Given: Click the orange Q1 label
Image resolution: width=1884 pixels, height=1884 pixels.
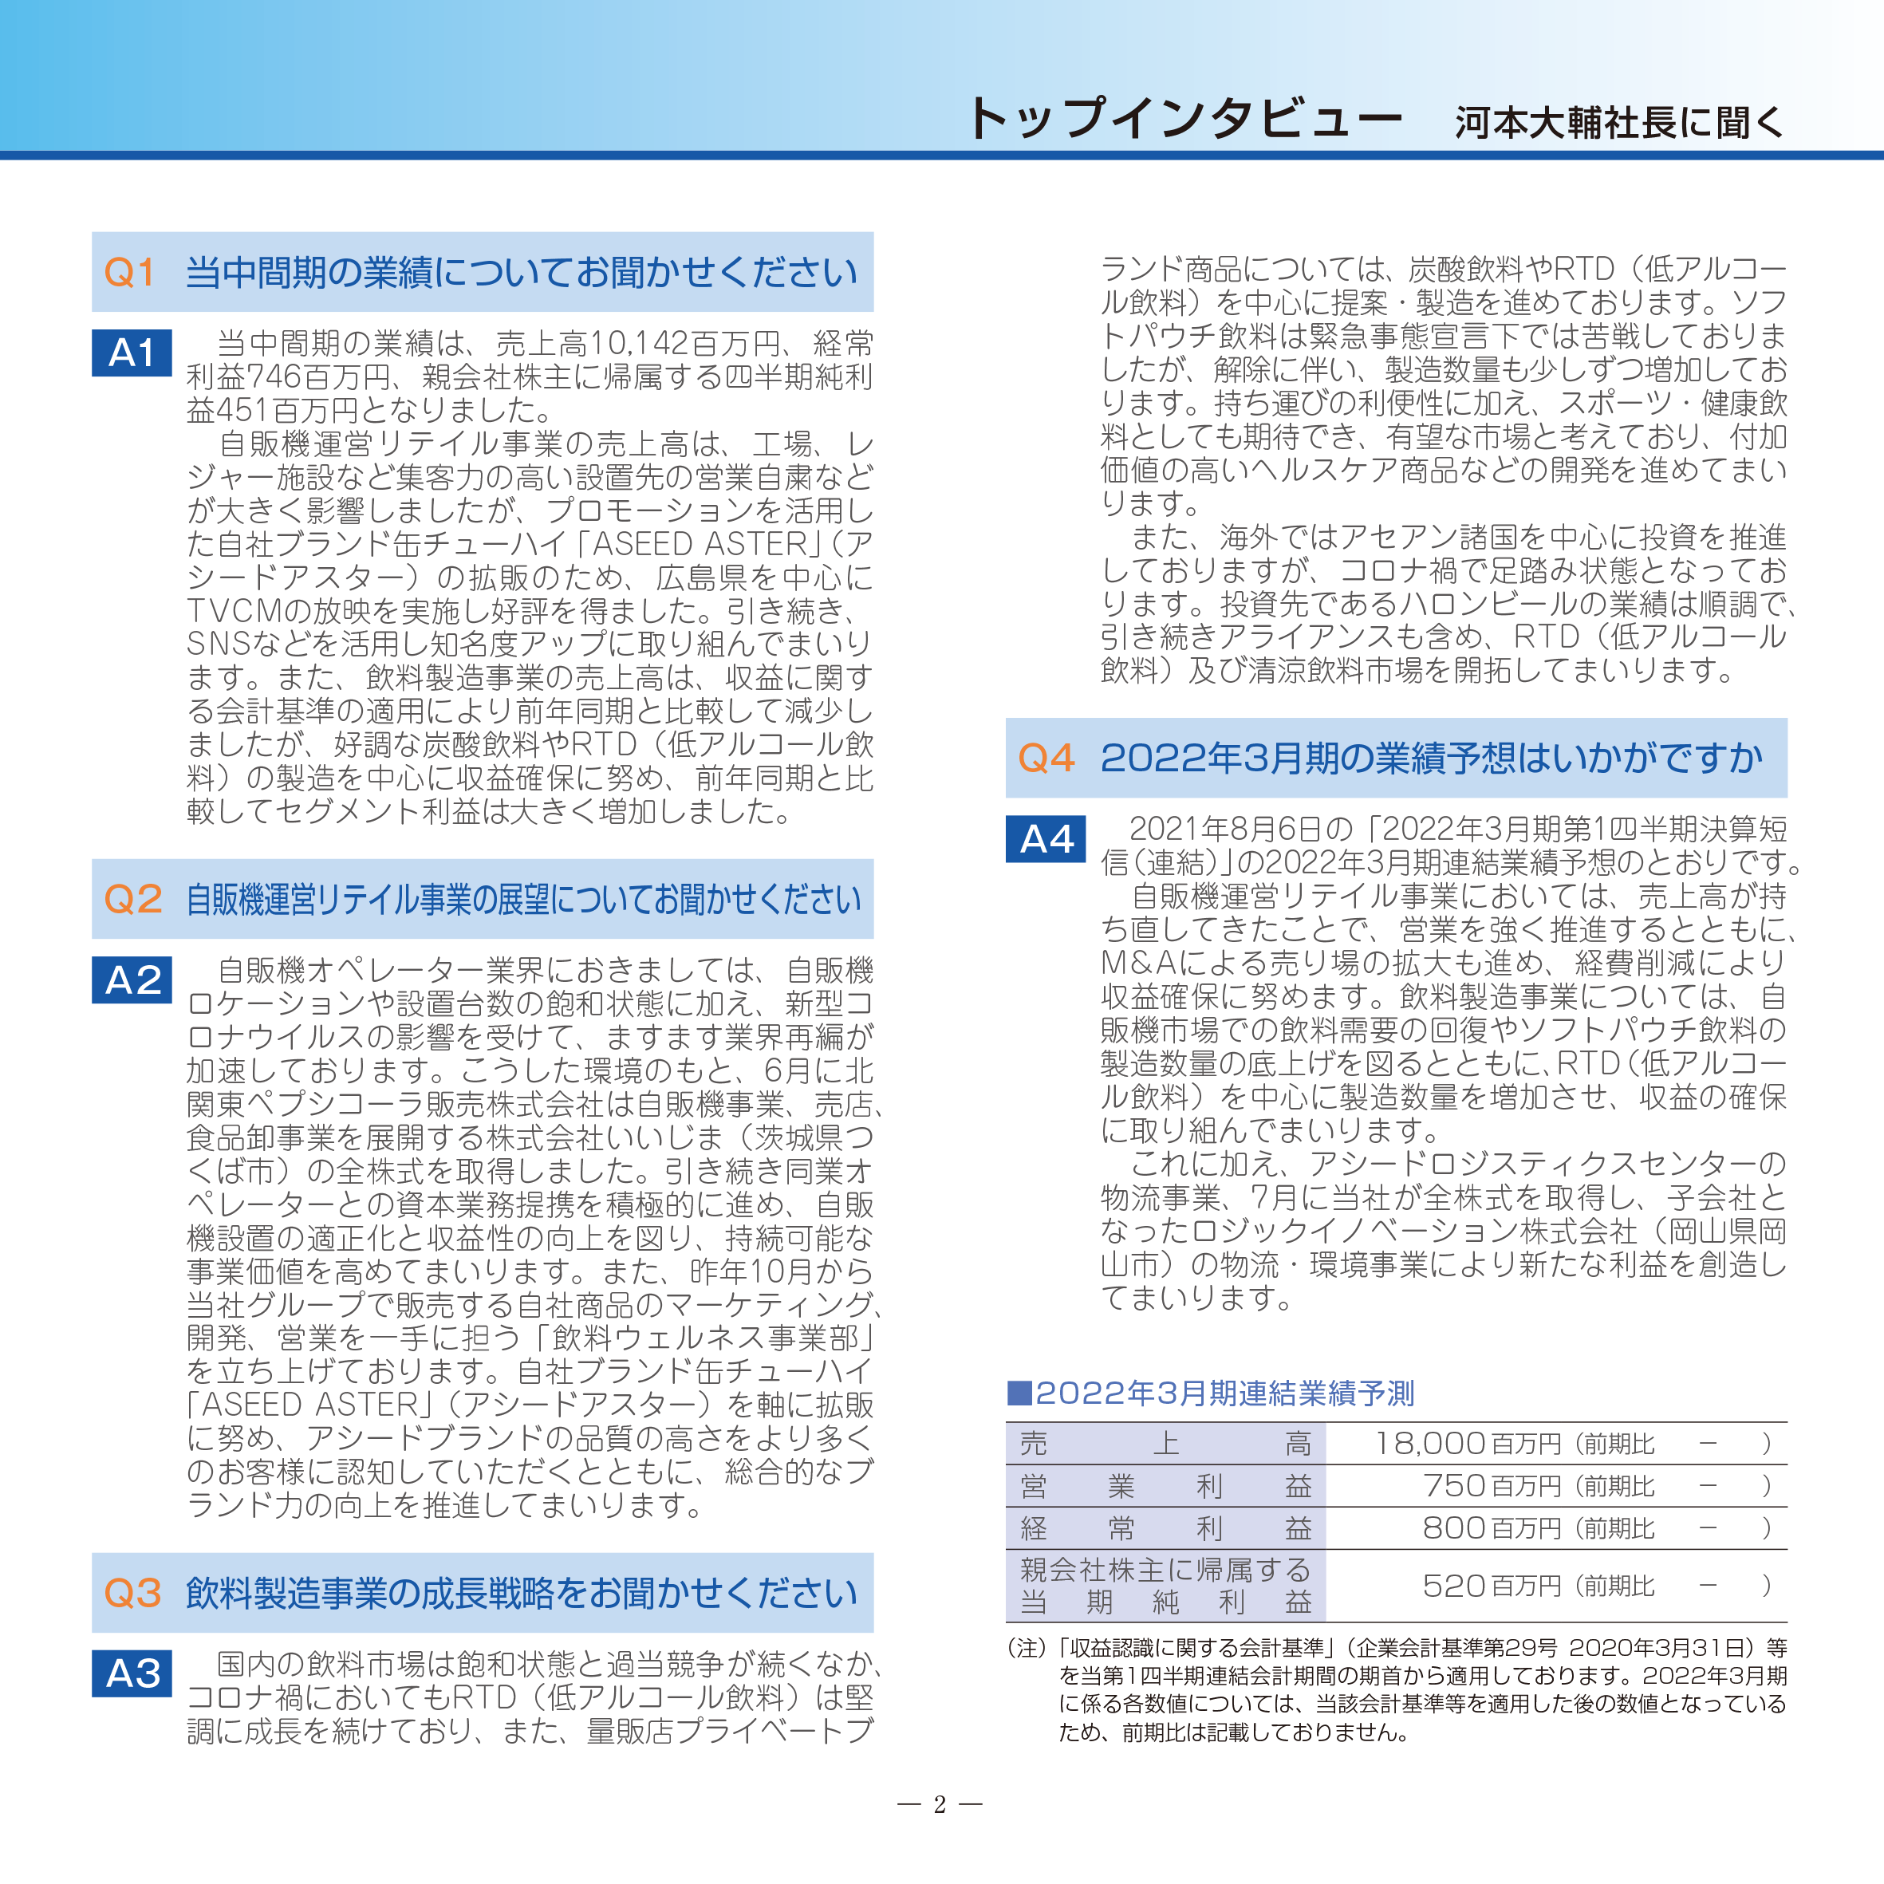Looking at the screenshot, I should point(130,273).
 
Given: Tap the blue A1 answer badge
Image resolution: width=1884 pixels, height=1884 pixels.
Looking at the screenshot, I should point(132,353).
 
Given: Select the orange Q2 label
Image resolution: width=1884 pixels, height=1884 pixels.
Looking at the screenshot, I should point(132,899).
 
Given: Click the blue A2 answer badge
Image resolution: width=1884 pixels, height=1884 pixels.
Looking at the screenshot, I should point(132,980).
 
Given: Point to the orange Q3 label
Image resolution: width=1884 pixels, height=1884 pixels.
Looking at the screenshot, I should point(132,1594).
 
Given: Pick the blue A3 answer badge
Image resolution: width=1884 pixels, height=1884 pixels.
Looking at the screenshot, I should point(132,1673).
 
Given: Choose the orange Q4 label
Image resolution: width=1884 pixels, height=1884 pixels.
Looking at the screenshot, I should point(1046,758).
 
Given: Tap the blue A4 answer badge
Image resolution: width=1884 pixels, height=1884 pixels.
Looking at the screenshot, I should point(1046,838).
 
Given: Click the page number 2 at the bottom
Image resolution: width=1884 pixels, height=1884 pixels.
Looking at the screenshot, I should point(940,1805).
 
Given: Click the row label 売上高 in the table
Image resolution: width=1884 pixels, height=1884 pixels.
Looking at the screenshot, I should point(1165,1443).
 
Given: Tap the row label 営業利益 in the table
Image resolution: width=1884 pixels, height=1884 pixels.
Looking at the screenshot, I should point(1165,1485).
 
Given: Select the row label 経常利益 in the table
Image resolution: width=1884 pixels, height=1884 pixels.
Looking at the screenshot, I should point(1165,1527).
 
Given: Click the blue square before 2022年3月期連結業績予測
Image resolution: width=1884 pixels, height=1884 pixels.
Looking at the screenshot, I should point(1019,1393).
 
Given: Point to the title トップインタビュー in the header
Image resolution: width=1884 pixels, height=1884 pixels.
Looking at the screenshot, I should point(1183,120).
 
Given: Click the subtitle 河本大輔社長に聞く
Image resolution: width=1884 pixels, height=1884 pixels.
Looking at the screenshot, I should point(1618,123).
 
